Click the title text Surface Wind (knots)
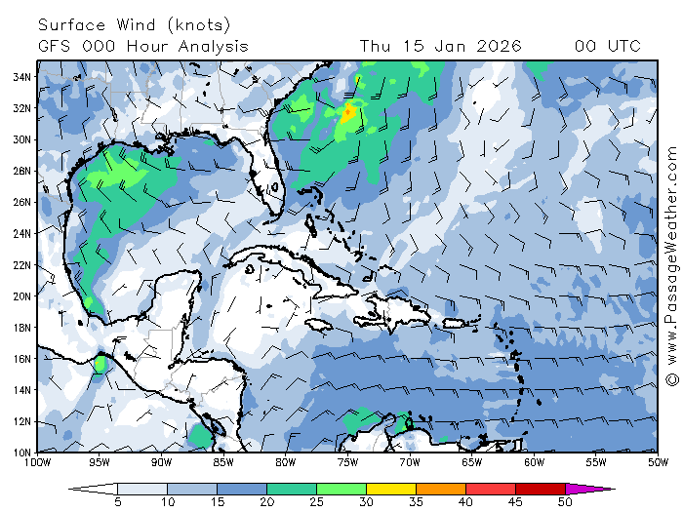[135, 24]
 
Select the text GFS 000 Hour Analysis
[143, 46]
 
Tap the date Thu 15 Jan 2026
[440, 46]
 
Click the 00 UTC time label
[608, 46]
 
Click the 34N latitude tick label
[22, 77]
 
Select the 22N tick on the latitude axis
[22, 264]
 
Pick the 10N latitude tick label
[22, 452]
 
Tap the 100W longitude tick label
[39, 462]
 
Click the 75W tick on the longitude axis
[347, 462]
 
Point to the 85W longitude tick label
[223, 462]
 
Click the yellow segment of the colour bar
[390, 488]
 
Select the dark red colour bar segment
[540, 488]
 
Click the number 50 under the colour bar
[565, 501]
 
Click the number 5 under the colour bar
[117, 501]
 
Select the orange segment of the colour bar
[440, 488]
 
